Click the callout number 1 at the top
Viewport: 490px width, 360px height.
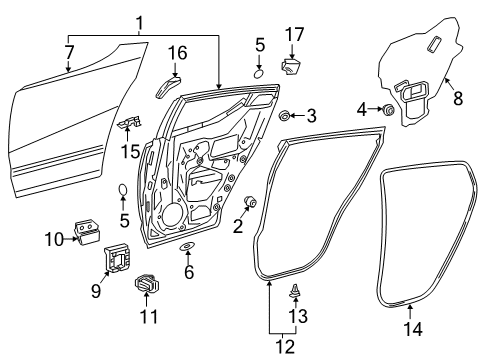point(140,21)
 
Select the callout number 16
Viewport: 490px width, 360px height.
point(176,51)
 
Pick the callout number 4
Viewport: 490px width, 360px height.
point(364,109)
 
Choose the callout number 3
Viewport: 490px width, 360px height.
point(311,115)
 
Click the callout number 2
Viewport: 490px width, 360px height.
point(237,227)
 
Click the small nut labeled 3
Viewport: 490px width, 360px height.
point(286,116)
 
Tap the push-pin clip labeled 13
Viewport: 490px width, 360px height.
point(297,291)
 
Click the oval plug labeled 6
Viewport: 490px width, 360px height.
point(187,246)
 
